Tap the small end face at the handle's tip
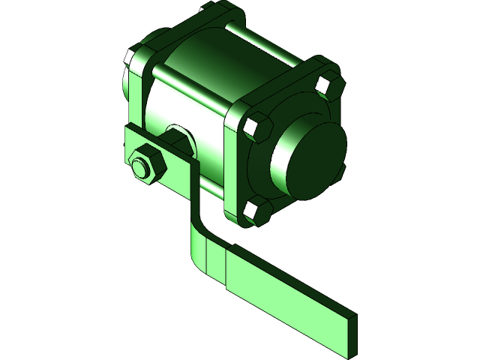352,330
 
